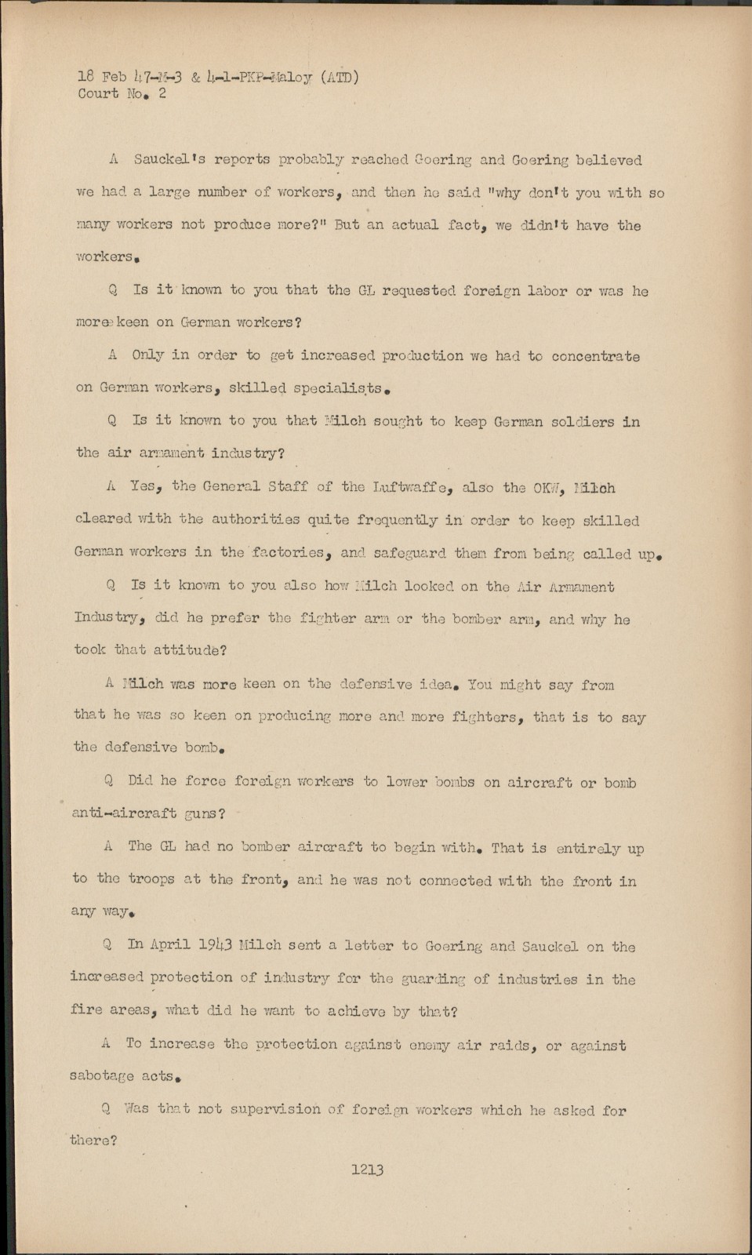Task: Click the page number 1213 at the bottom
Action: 367,1170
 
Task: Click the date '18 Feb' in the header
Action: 102,77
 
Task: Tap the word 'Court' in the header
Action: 98,94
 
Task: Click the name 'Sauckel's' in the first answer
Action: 169,159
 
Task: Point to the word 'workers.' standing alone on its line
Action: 104,256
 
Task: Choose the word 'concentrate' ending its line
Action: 595,356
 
